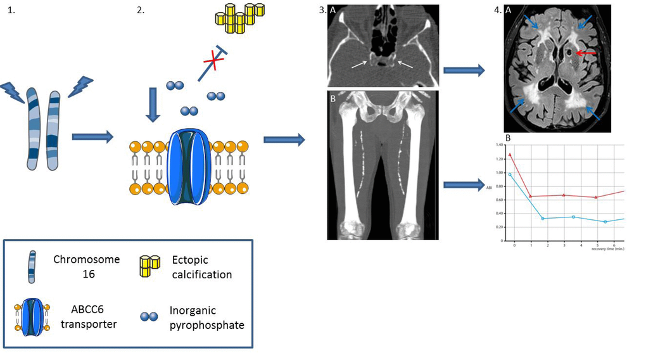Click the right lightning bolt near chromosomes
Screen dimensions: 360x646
point(80,87)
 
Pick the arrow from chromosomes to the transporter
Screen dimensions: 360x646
point(92,136)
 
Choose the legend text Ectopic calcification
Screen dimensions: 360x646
point(202,267)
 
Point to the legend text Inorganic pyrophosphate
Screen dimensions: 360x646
point(206,318)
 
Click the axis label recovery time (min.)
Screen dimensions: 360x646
point(608,250)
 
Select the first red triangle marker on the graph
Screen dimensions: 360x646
point(510,154)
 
